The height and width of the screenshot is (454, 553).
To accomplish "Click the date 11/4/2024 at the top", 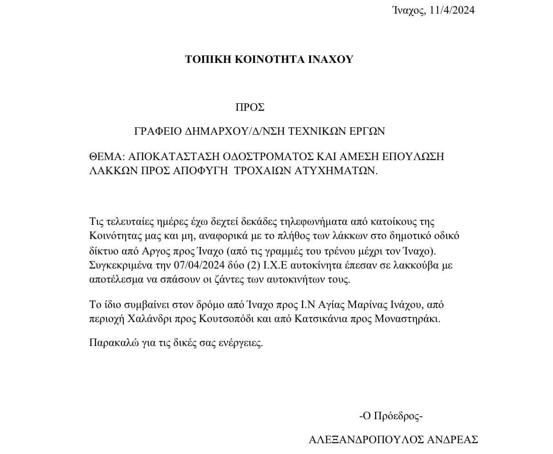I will tap(452, 10).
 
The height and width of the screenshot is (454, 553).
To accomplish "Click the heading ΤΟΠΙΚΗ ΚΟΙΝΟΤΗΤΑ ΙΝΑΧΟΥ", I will tap(269, 60).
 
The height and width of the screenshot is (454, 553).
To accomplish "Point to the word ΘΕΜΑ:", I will tap(106, 157).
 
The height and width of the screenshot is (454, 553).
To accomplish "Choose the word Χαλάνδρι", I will tap(147, 319).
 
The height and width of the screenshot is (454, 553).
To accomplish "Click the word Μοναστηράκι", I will tap(408, 319).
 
